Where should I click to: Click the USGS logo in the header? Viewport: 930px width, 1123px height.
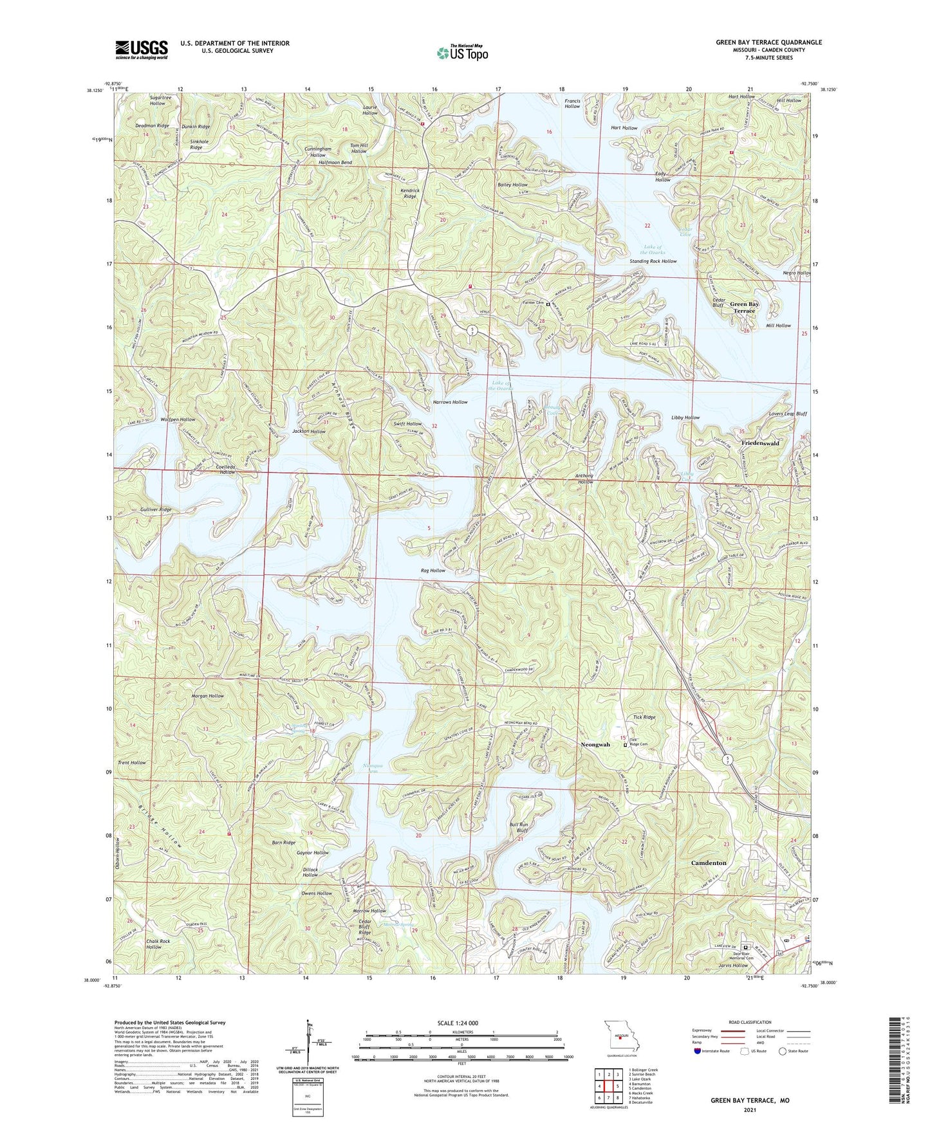(x=142, y=49)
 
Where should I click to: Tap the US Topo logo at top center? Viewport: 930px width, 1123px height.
(x=462, y=52)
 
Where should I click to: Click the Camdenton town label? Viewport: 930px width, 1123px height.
(x=709, y=863)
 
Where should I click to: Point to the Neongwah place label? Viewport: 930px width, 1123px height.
(x=595, y=744)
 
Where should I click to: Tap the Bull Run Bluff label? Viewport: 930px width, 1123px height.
(x=518, y=827)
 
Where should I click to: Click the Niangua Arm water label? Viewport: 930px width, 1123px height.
(x=373, y=767)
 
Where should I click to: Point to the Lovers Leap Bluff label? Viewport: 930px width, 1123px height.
(x=787, y=414)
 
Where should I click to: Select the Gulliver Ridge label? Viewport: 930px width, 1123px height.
(x=156, y=509)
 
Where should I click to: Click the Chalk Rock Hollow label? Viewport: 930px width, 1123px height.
(x=158, y=944)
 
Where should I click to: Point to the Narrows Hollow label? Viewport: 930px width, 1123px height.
(x=450, y=402)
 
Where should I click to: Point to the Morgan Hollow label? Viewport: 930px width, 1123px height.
(x=207, y=696)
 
